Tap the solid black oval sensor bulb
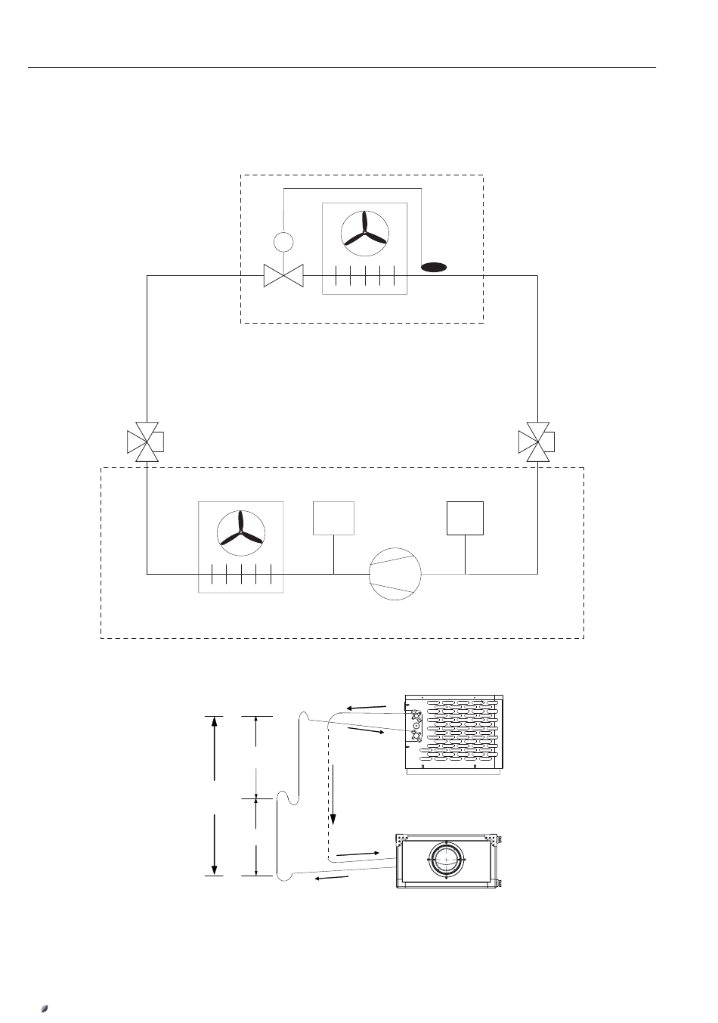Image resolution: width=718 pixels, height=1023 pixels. click(434, 267)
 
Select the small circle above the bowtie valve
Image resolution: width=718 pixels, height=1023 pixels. click(283, 242)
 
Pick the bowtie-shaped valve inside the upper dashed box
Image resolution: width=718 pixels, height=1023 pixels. click(283, 275)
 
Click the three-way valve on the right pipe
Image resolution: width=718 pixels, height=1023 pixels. click(537, 442)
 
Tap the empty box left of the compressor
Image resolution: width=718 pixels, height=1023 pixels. click(333, 517)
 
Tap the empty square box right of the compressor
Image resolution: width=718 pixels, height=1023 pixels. click(465, 517)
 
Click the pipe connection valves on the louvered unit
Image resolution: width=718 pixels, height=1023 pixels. click(416, 724)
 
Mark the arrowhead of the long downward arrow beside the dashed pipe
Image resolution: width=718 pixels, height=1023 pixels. click(333, 820)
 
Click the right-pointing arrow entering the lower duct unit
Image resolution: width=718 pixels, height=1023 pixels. click(356, 853)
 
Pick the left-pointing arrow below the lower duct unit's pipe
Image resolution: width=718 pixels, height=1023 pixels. click(332, 879)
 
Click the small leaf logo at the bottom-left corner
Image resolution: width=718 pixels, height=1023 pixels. click(45, 1008)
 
